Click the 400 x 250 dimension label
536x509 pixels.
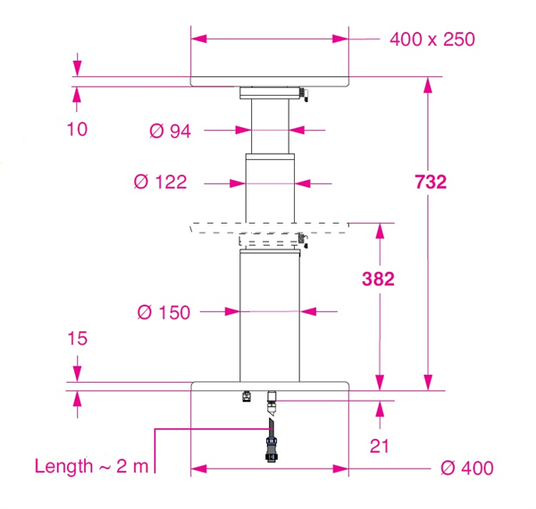coord(432,39)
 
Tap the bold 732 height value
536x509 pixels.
coord(431,182)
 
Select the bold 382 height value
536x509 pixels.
coord(378,279)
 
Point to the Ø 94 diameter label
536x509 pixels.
coord(170,131)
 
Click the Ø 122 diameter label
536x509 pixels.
coord(160,182)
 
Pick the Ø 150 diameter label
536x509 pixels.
coord(163,312)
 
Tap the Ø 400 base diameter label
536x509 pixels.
coord(467,468)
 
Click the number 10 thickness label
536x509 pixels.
coord(77,130)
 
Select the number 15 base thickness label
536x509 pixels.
coord(78,338)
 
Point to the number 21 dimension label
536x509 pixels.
coord(380,446)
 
